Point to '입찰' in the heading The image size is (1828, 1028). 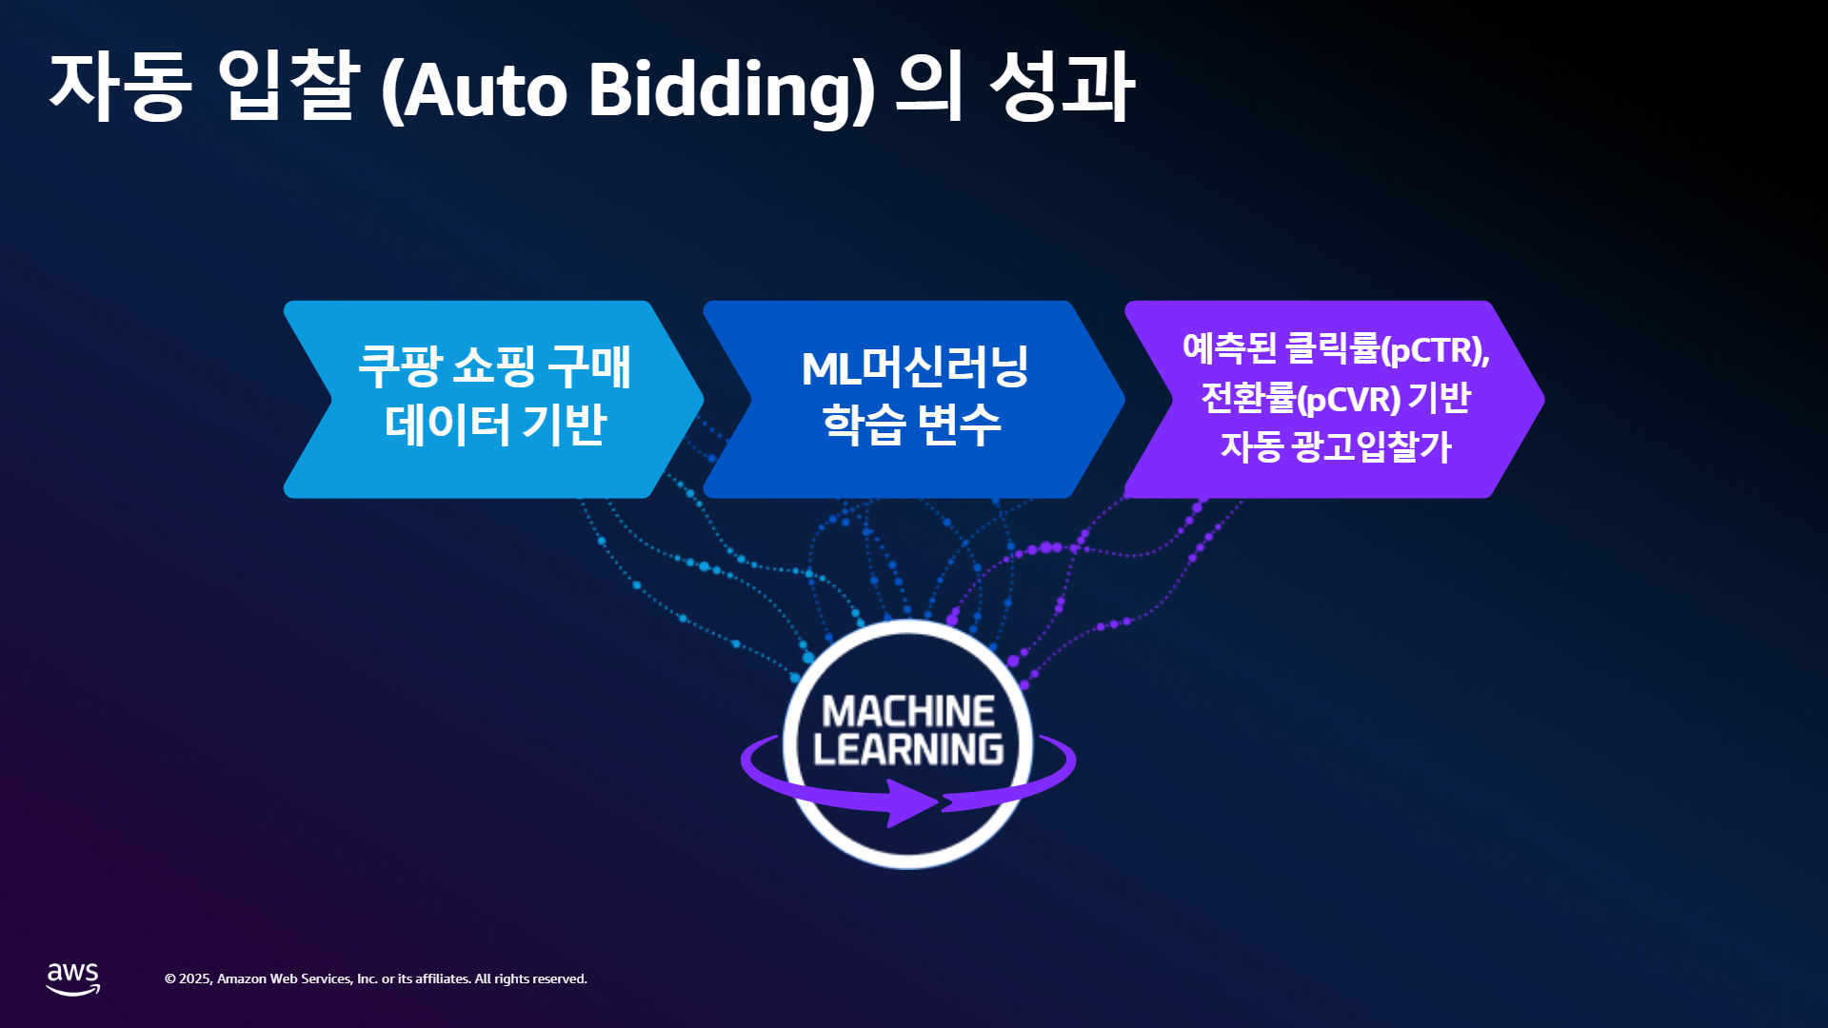click(x=288, y=87)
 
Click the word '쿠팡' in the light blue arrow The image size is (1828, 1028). click(x=400, y=366)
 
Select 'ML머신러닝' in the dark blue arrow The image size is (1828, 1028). click(x=915, y=366)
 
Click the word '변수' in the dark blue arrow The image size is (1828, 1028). click(x=958, y=423)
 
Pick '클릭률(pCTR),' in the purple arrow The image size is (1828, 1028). click(x=1387, y=349)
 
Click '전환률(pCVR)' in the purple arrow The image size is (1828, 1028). click(x=1301, y=398)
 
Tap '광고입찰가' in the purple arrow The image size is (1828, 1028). click(x=1371, y=445)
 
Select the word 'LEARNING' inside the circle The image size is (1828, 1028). click(x=908, y=749)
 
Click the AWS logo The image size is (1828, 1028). click(x=73, y=979)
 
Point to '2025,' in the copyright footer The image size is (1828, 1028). click(x=195, y=979)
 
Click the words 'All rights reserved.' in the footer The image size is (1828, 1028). click(x=531, y=979)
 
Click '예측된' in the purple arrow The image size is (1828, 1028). click(x=1229, y=348)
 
